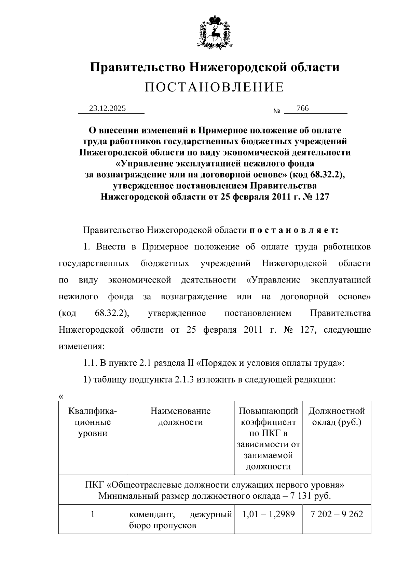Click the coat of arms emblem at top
pyautogui.click(x=215, y=31)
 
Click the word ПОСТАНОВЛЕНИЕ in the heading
pyautogui.click(x=215, y=87)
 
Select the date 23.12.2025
pyautogui.click(x=107, y=108)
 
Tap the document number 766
pyautogui.click(x=302, y=108)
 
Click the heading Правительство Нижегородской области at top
pyautogui.click(x=215, y=67)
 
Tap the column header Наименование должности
pyautogui.click(x=180, y=417)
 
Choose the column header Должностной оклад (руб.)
pyautogui.click(x=337, y=417)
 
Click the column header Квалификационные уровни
pyautogui.click(x=93, y=422)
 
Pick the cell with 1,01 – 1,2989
pyautogui.click(x=268, y=514)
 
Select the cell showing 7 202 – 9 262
pyautogui.click(x=337, y=514)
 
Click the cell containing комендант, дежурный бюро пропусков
pyautogui.click(x=180, y=520)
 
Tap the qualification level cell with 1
pyautogui.click(x=93, y=514)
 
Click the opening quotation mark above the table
pyautogui.click(x=61, y=396)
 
